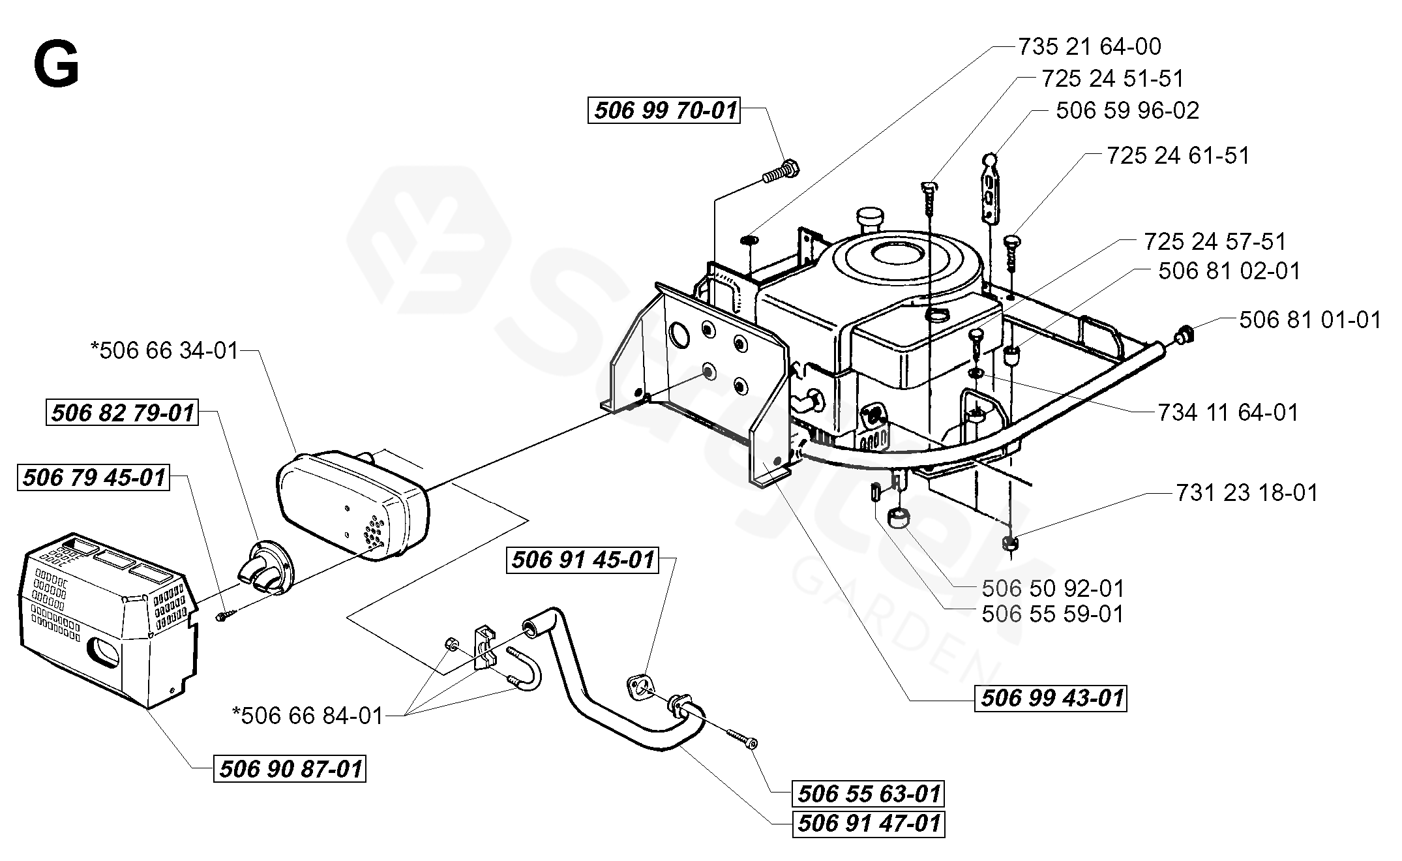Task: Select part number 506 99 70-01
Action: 665,110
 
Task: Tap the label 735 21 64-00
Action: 1090,46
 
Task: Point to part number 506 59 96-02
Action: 1127,110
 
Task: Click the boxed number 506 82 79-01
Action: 123,413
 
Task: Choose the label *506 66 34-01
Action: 165,351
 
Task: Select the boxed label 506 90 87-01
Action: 291,769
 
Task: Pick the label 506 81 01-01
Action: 1310,320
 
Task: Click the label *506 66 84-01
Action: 308,716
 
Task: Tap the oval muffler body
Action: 352,499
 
